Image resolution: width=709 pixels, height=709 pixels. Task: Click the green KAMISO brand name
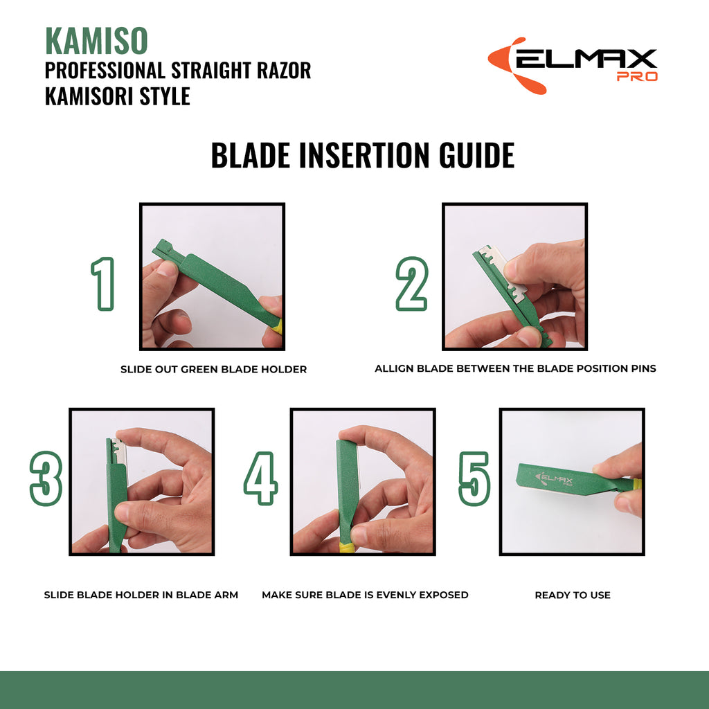96,42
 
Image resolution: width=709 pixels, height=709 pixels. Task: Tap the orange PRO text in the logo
636,76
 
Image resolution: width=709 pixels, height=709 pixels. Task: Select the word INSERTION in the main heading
365,156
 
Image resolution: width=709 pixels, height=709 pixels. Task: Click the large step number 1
103,284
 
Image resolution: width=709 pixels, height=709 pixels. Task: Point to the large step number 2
411,284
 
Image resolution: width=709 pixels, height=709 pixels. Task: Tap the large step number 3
46,479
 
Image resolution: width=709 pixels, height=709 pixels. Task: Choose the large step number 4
261,479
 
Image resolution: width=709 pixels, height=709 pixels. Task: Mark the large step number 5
474,479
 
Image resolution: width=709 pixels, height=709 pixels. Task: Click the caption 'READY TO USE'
572,595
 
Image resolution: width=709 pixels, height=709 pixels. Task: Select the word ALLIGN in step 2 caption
395,369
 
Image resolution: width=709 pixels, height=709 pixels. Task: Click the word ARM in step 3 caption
226,595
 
